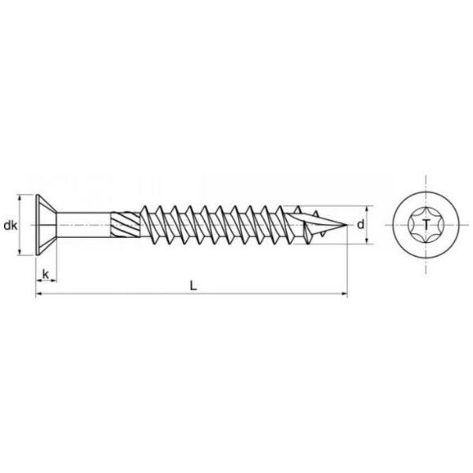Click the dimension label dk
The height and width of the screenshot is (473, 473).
coord(10,225)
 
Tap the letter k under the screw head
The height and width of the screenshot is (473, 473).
coord(46,274)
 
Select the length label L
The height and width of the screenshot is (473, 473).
coord(193,285)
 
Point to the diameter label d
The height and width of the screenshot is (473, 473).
coord(361,225)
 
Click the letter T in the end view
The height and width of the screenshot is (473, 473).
coord(426,225)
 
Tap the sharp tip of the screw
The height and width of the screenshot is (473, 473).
coord(347,225)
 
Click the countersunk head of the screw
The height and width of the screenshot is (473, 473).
coord(46,225)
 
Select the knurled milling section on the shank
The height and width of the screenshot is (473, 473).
coord(125,225)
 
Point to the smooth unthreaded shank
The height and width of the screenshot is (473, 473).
coord(84,225)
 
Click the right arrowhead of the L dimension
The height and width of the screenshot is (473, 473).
coord(345,293)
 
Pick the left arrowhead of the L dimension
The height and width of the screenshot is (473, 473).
coord(39,293)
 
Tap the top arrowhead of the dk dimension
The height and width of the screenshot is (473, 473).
coord(20,198)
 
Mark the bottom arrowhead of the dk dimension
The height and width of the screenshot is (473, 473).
coord(20,252)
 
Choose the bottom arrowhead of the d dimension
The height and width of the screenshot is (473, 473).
coord(367,240)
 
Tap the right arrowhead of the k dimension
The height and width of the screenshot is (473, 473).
coord(54,281)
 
